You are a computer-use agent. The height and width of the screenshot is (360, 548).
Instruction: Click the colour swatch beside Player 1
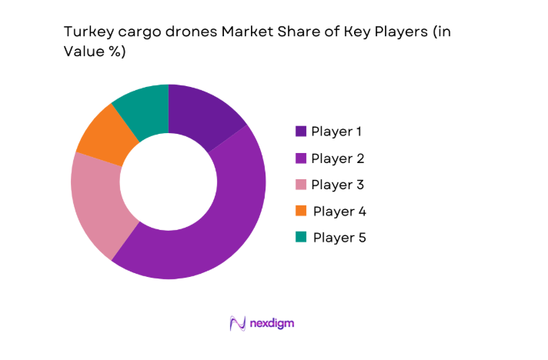click(x=301, y=132)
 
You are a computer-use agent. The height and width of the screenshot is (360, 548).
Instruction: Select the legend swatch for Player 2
click(x=301, y=158)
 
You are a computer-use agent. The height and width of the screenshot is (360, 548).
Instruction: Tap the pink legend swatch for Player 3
click(x=301, y=185)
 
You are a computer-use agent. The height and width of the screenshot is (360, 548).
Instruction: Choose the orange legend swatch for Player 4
click(x=301, y=211)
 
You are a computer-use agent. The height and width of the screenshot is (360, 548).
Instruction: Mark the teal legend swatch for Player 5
click(x=301, y=238)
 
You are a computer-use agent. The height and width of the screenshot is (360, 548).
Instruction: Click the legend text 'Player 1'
click(x=336, y=132)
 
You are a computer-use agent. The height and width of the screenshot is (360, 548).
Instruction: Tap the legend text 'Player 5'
click(x=339, y=238)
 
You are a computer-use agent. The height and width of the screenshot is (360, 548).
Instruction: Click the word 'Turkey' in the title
click(x=83, y=33)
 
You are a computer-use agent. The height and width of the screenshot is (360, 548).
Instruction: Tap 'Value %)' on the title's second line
click(x=88, y=53)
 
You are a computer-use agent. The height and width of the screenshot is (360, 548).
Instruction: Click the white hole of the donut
click(x=169, y=182)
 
